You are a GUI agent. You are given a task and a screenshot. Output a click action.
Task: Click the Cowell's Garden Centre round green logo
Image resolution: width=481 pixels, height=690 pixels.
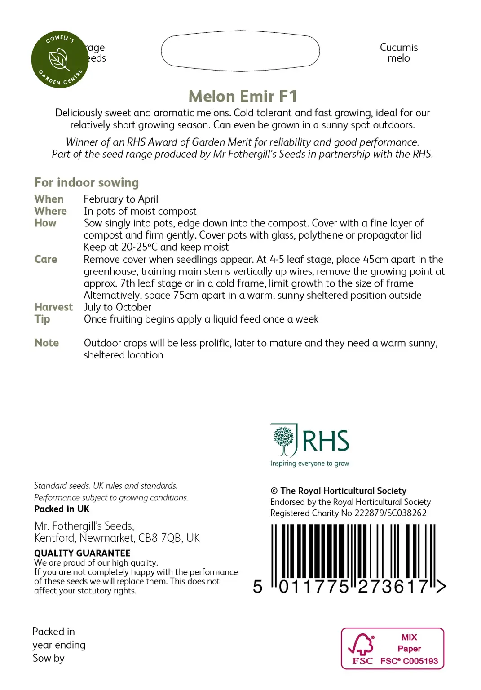(x=60, y=59)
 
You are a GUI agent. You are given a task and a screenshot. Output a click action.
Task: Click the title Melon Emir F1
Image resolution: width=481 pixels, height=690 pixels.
(x=243, y=96)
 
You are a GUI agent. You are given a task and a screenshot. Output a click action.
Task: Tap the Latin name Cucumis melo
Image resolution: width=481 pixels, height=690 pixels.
(x=398, y=53)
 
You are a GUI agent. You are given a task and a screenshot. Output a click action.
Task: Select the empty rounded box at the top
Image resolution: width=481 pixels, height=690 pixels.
(x=240, y=51)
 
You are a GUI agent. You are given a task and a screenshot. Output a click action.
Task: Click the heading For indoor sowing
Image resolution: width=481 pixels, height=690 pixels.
(x=86, y=182)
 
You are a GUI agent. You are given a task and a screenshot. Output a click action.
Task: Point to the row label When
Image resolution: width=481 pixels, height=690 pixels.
(x=49, y=199)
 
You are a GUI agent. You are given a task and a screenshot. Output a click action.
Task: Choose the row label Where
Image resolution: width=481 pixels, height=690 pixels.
(x=50, y=211)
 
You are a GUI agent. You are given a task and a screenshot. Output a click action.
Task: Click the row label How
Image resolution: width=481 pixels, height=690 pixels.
(x=45, y=223)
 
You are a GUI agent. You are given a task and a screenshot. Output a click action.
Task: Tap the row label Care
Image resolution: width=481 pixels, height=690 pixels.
(x=46, y=259)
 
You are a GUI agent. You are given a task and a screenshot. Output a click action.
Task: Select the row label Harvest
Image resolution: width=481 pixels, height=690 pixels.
(x=53, y=307)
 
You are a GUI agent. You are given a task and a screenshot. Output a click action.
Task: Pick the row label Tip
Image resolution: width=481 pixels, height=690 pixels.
(x=42, y=319)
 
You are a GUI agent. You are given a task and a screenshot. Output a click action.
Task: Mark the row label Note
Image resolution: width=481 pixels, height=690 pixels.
(x=47, y=343)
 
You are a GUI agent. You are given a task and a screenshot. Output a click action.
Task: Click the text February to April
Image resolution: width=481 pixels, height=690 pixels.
(x=121, y=199)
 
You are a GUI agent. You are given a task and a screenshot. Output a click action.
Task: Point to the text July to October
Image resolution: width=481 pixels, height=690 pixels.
(x=118, y=307)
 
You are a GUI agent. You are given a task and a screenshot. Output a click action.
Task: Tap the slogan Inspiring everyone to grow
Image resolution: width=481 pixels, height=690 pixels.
(x=309, y=464)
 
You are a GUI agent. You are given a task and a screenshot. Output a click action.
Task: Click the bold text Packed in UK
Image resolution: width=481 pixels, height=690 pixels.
(x=62, y=509)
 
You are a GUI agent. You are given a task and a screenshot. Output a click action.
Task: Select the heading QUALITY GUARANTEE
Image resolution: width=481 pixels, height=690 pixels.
(x=82, y=553)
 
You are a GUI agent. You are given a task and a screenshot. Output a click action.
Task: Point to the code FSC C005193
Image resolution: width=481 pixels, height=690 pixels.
(x=409, y=661)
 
